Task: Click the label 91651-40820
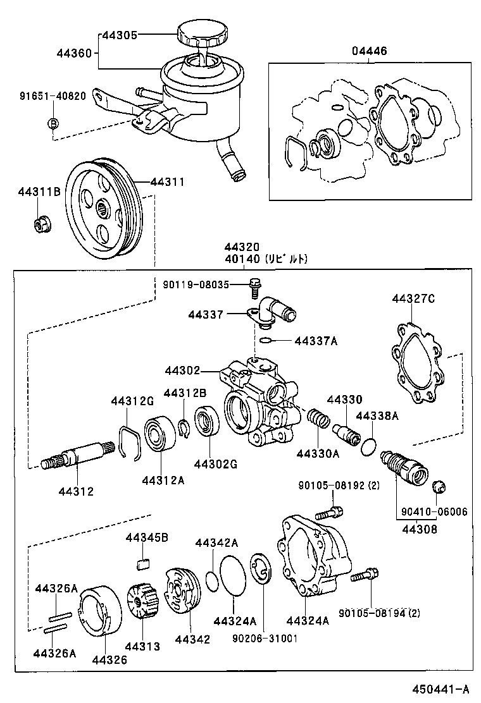[x=53, y=97]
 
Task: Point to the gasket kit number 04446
[x=370, y=51]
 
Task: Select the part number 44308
[x=418, y=529]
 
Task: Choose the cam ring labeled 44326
[x=100, y=609]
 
